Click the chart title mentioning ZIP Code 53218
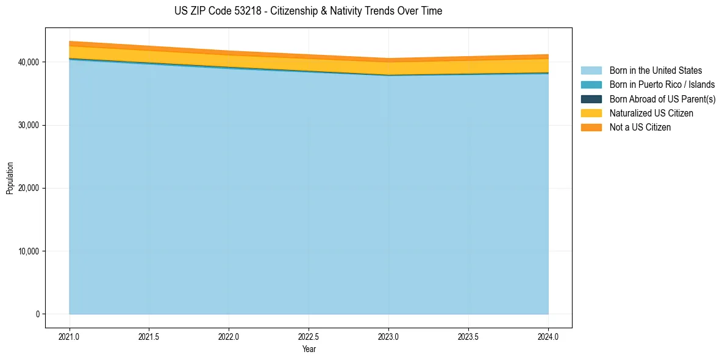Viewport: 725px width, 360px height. [308, 11]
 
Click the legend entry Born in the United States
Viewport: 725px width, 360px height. [655, 71]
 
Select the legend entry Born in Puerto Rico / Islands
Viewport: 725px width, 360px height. [662, 85]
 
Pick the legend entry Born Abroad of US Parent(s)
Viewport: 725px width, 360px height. [662, 99]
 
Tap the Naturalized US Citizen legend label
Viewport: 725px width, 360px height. [651, 113]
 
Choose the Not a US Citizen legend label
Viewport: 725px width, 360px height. [640, 128]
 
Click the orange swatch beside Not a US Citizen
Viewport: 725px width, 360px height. [591, 128]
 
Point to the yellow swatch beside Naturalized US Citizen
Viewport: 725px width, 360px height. [591, 113]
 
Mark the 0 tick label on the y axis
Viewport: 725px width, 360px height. [37, 314]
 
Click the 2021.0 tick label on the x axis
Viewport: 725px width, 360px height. [70, 336]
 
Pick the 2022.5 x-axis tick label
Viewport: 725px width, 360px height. [309, 336]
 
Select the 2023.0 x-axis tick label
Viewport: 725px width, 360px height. [388, 336]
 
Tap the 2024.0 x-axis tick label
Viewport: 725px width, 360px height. [548, 336]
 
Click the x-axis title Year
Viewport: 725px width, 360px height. [309, 349]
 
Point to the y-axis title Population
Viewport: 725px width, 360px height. [10, 178]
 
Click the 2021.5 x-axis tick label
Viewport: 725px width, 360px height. [149, 336]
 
